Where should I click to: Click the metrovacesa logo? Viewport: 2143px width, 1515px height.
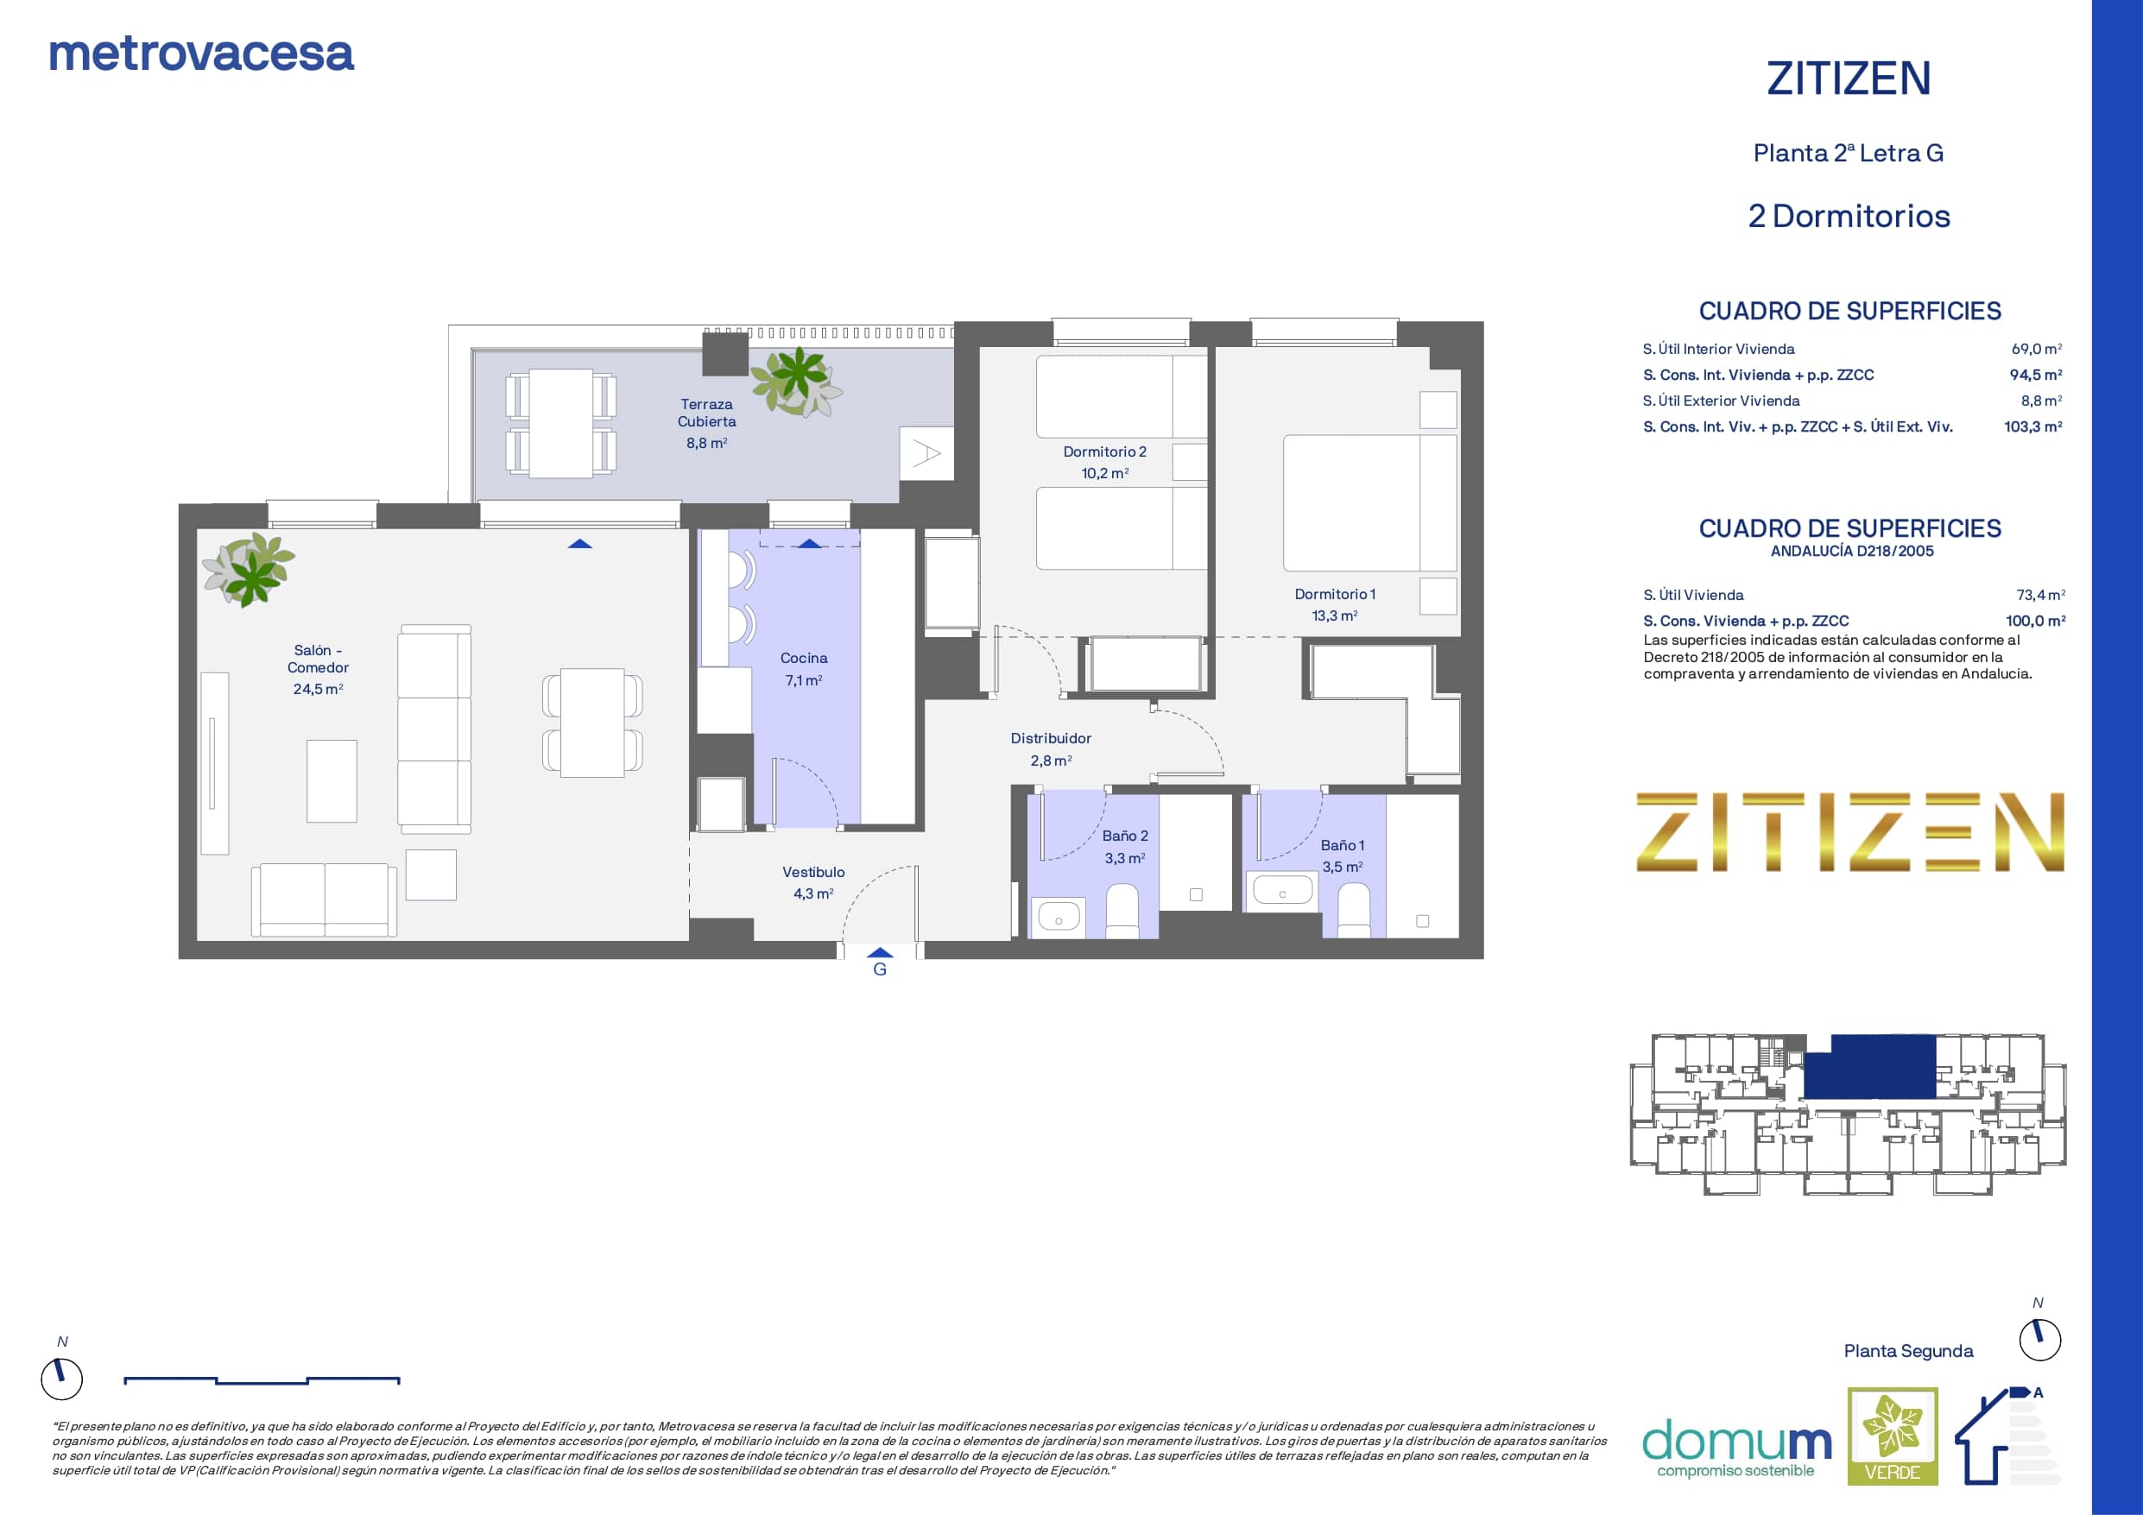point(201,54)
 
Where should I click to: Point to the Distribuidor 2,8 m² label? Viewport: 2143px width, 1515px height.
point(1051,749)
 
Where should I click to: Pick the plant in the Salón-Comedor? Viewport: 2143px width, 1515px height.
point(250,569)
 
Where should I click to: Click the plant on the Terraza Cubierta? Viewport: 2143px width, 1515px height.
point(796,382)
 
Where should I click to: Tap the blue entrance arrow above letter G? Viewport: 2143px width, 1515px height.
point(880,953)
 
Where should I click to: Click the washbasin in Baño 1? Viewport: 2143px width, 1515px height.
point(1282,890)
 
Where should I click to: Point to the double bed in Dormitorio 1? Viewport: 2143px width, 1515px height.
point(1369,502)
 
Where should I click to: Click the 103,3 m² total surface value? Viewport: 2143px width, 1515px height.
point(2032,426)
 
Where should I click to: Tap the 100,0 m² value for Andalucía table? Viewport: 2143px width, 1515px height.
point(2035,621)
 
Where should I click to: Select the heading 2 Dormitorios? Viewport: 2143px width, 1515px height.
point(1849,217)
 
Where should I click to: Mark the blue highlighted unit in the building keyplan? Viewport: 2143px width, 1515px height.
point(1868,1066)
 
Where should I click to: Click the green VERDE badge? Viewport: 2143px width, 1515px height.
point(1893,1436)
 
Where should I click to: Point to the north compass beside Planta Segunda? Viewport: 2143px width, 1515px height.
point(2039,1341)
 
